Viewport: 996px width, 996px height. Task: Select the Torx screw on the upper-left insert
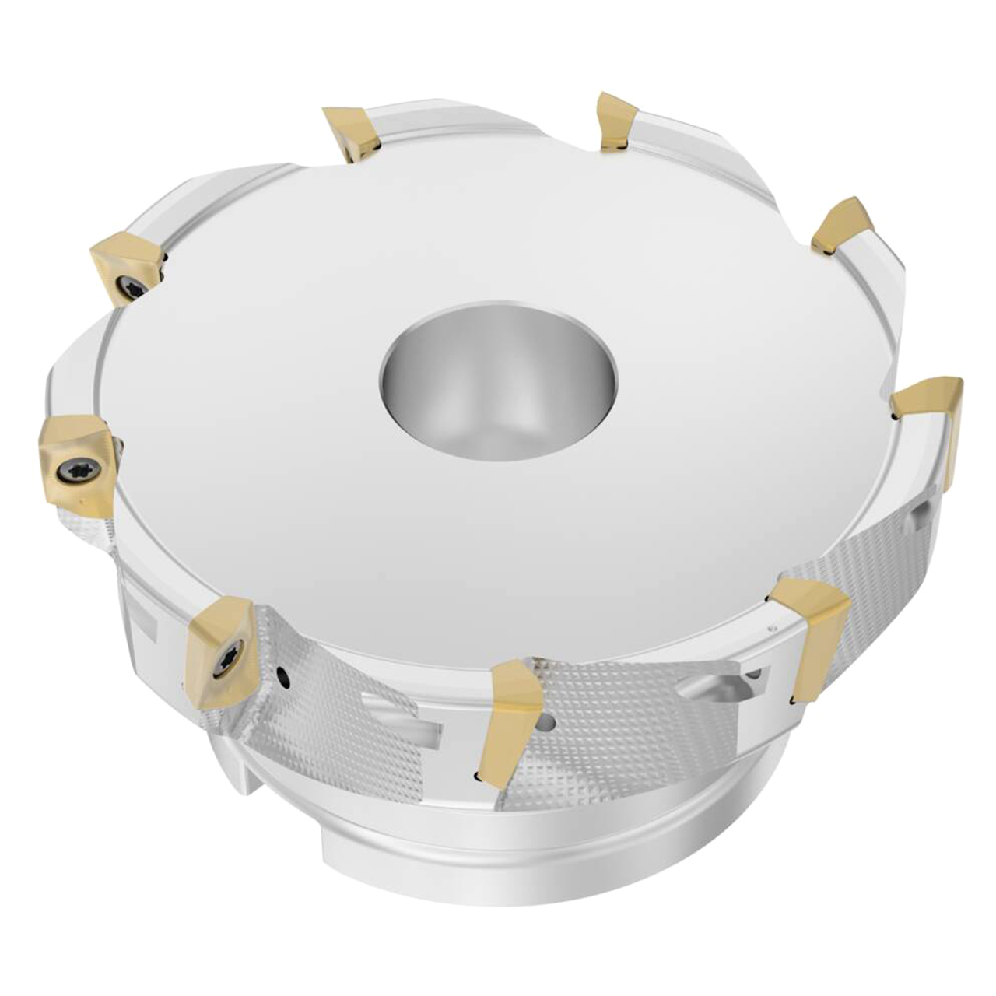pyautogui.click(x=125, y=290)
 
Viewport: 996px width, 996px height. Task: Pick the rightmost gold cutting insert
pyautogui.click(x=930, y=416)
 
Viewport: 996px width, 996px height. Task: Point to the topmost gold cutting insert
pyautogui.click(x=619, y=121)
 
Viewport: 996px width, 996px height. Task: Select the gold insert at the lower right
pyautogui.click(x=813, y=630)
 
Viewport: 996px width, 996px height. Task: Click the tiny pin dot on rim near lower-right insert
pyautogui.click(x=772, y=626)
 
